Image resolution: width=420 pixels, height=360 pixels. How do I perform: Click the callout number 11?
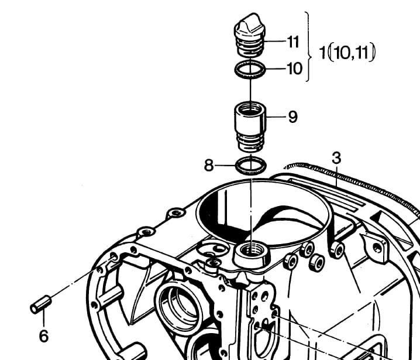pos(292,42)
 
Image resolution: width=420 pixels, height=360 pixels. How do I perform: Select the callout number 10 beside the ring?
pos(295,68)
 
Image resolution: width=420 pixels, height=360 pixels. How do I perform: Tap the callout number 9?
pos(293,117)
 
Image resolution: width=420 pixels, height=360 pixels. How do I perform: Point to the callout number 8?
pos(209,166)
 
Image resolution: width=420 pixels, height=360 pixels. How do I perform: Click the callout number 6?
pos(44,336)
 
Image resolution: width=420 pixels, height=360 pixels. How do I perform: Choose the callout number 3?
pos(336,158)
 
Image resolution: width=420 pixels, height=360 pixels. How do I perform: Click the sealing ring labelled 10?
pos(250,70)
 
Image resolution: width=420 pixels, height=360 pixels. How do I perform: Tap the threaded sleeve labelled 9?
pos(250,128)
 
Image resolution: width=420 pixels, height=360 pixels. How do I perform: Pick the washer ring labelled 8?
pos(251,166)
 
